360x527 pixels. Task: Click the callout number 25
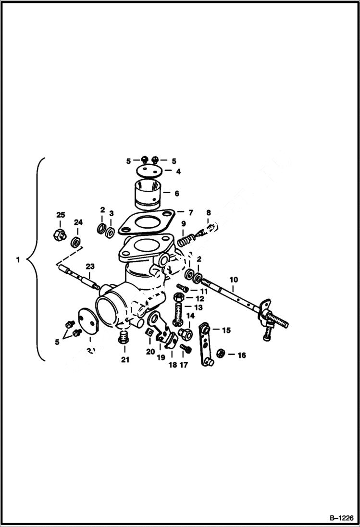tap(61, 214)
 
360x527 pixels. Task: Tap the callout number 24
tap(78, 222)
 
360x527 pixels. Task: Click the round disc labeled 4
tap(148, 170)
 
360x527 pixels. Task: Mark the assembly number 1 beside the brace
tap(18, 260)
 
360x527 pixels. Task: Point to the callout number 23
tap(90, 267)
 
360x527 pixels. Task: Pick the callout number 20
tap(150, 352)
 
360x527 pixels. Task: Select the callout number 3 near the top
tap(111, 213)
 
